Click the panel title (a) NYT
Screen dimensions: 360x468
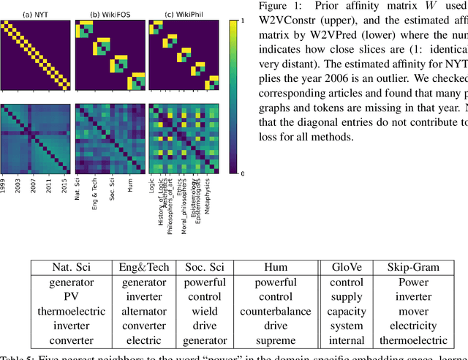click(x=36, y=14)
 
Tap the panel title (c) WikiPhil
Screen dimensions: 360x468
click(x=181, y=14)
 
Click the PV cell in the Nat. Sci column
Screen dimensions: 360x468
click(x=72, y=296)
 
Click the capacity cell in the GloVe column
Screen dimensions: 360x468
click(x=346, y=311)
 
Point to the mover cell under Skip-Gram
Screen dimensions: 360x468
click(x=413, y=311)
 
